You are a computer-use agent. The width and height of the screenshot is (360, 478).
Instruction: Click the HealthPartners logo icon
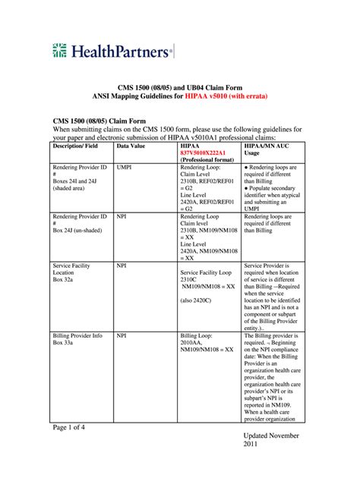tap(62, 51)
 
